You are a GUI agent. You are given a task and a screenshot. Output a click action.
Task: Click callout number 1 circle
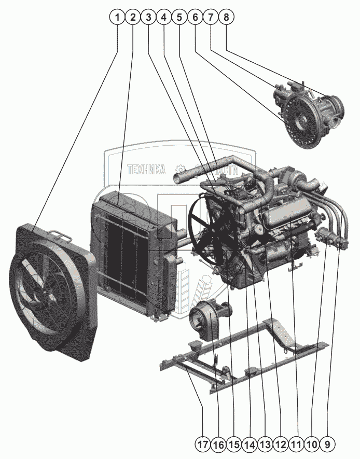(x=118, y=17)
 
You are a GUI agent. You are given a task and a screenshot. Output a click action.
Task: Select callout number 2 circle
(x=133, y=17)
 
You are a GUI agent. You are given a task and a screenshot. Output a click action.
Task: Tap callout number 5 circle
(x=179, y=17)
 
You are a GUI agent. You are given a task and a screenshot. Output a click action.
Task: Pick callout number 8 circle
(x=226, y=17)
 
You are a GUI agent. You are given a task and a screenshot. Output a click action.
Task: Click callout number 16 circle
(x=218, y=444)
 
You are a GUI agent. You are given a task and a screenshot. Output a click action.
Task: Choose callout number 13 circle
(x=265, y=444)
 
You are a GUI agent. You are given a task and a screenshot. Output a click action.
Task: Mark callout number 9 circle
(x=328, y=444)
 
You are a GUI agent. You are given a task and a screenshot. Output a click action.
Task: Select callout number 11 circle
(x=296, y=444)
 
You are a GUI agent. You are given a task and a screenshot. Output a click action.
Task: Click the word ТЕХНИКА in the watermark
(x=146, y=170)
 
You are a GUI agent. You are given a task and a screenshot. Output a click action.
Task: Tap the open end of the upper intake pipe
(x=178, y=178)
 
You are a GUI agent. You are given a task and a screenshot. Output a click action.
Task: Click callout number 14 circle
(x=250, y=444)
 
